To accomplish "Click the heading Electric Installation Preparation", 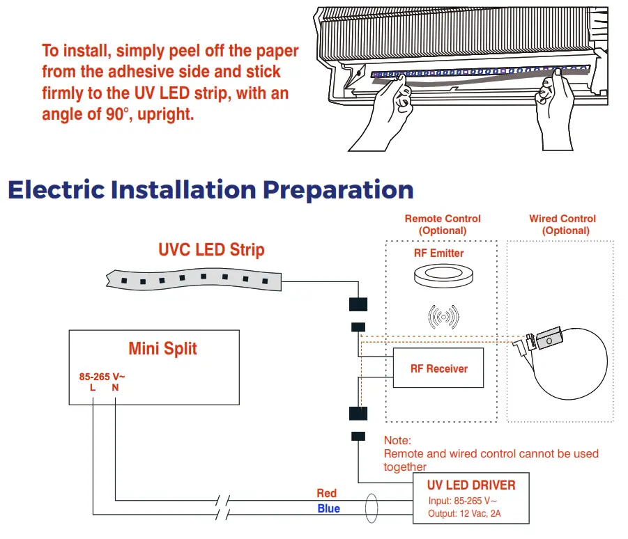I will click(210, 190).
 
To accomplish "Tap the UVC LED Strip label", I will click(211, 250).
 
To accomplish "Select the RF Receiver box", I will click(438, 368).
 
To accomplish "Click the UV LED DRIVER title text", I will click(471, 485).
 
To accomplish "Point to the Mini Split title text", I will click(162, 348).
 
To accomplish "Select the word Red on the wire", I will click(327, 493).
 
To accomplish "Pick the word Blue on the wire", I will click(328, 508).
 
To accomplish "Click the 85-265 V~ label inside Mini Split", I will click(102, 377).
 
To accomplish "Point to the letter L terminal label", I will click(93, 388).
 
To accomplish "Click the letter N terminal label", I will click(115, 388).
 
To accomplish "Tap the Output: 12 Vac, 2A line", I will click(464, 515).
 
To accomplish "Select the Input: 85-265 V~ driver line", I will click(462, 501).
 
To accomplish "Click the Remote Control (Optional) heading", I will click(443, 224).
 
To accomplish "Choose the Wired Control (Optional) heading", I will click(562, 224).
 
